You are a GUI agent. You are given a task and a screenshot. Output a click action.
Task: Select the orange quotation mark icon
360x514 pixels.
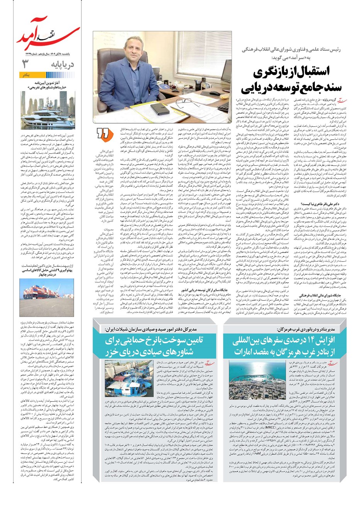pyautogui.click(x=103, y=133)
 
